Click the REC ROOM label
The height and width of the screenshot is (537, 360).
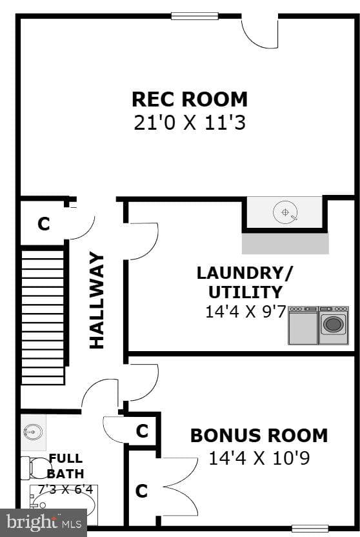click(x=190, y=99)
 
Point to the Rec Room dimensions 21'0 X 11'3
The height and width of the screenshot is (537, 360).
click(x=190, y=123)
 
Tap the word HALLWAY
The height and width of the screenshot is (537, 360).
click(x=97, y=300)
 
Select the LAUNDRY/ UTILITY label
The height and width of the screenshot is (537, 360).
click(x=245, y=283)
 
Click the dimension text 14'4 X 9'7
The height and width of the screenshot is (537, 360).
click(x=245, y=312)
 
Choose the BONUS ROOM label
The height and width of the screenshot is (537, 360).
click(x=259, y=435)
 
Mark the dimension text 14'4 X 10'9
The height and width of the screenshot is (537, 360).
click(x=259, y=458)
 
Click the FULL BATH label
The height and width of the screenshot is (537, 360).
click(x=66, y=466)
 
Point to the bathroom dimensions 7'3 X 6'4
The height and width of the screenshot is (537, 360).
click(x=65, y=489)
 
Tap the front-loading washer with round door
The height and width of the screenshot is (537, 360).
click(x=334, y=325)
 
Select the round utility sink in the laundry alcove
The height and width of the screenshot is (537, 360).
click(x=285, y=212)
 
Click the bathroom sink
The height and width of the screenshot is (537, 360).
click(x=33, y=432)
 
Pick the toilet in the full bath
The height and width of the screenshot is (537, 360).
click(x=35, y=468)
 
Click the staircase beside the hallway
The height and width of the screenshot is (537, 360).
click(x=43, y=316)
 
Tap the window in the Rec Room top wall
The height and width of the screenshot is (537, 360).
click(x=195, y=16)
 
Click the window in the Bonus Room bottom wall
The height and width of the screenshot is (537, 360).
click(x=310, y=529)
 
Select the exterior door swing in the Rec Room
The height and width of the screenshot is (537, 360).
click(x=260, y=32)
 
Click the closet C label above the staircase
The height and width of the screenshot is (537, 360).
click(x=44, y=224)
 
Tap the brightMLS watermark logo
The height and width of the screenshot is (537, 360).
click(x=43, y=523)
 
